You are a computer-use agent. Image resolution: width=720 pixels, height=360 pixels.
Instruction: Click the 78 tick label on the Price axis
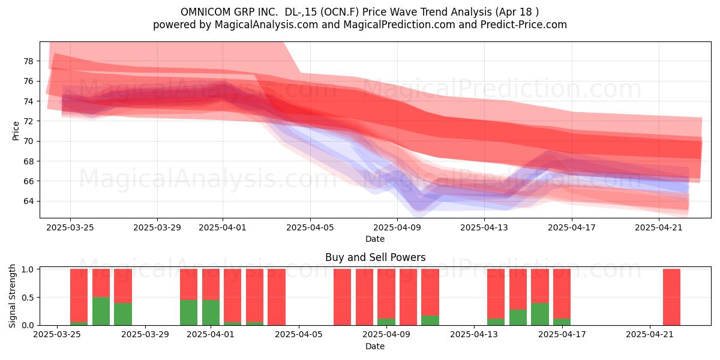28,61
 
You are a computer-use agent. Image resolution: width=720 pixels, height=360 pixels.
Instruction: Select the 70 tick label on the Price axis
28,141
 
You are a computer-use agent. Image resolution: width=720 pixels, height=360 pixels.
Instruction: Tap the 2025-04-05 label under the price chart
310,227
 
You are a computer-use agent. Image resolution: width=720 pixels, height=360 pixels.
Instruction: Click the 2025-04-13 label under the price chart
484,227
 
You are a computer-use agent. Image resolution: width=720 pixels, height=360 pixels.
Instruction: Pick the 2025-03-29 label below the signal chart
145,334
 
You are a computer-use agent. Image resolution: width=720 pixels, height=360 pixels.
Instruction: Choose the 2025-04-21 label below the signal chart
650,334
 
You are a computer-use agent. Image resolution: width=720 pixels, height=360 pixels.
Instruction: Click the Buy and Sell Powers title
375,257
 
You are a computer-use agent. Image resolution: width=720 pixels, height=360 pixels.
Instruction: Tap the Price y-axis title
16,131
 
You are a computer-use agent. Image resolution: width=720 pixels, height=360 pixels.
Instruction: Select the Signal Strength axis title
12,296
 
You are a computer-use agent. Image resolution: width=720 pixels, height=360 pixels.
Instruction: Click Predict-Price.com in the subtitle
524,25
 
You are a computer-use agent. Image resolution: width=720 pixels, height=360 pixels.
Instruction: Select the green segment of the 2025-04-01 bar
211,313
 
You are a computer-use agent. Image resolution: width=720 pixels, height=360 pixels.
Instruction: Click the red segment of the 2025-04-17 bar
562,294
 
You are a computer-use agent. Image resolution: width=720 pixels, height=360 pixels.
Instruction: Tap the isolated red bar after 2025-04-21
672,297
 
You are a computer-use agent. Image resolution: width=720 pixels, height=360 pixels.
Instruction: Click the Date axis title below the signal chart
375,346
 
